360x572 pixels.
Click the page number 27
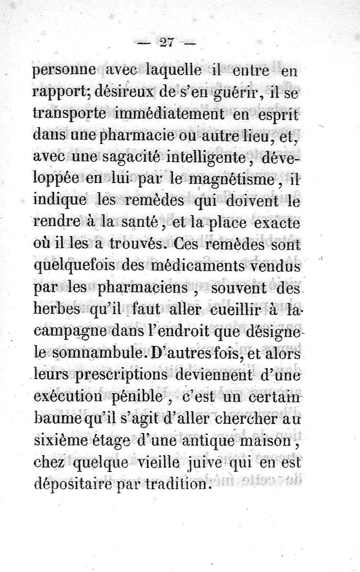coord(166,44)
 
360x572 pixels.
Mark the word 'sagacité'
coord(126,158)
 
